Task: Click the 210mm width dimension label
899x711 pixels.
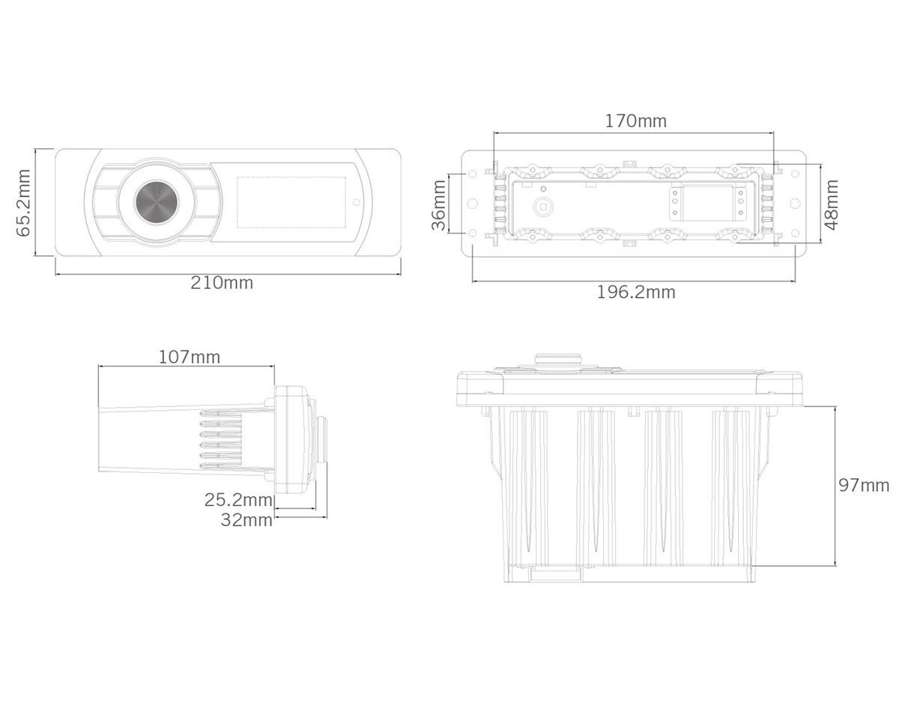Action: tap(222, 283)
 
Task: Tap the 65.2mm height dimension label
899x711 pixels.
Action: tap(23, 203)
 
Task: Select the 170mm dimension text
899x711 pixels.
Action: tap(636, 121)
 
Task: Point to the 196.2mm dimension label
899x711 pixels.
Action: tap(636, 292)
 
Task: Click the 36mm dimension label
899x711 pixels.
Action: tap(439, 204)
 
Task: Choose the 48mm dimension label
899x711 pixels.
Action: tap(832, 204)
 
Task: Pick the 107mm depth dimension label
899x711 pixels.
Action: tap(190, 358)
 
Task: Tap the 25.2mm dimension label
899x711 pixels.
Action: tap(238, 500)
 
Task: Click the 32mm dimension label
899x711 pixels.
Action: tap(246, 520)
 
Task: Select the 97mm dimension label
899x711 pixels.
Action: tap(864, 486)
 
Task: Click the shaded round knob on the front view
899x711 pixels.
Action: tap(157, 203)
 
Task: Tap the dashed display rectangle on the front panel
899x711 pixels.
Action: tap(291, 203)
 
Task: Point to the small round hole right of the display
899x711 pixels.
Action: tap(357, 203)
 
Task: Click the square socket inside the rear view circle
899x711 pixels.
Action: tap(543, 207)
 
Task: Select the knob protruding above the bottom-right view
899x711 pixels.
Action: tap(559, 361)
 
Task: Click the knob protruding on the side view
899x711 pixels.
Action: tap(321, 439)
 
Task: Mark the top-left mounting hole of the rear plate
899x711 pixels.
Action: tap(473, 174)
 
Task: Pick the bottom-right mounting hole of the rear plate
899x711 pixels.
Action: tap(796, 233)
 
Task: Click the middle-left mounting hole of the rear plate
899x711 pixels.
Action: tap(473, 204)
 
